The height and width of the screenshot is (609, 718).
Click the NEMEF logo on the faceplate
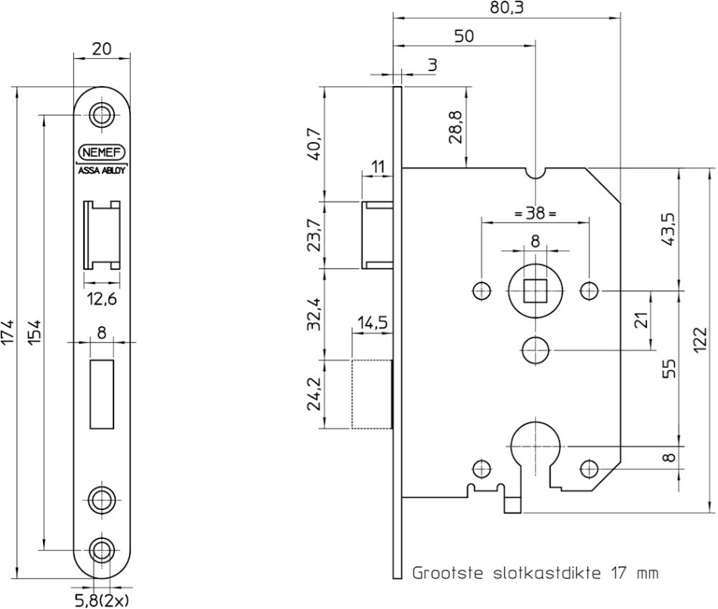tap(102, 152)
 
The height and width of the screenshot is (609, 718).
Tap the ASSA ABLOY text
tap(102, 170)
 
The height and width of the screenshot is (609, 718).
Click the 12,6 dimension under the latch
tap(102, 299)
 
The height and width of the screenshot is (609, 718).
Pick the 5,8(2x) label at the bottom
tap(102, 600)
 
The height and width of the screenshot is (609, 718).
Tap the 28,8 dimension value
tap(456, 127)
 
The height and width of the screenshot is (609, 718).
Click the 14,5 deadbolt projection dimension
tap(373, 323)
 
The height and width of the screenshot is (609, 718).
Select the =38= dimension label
tap(535, 213)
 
